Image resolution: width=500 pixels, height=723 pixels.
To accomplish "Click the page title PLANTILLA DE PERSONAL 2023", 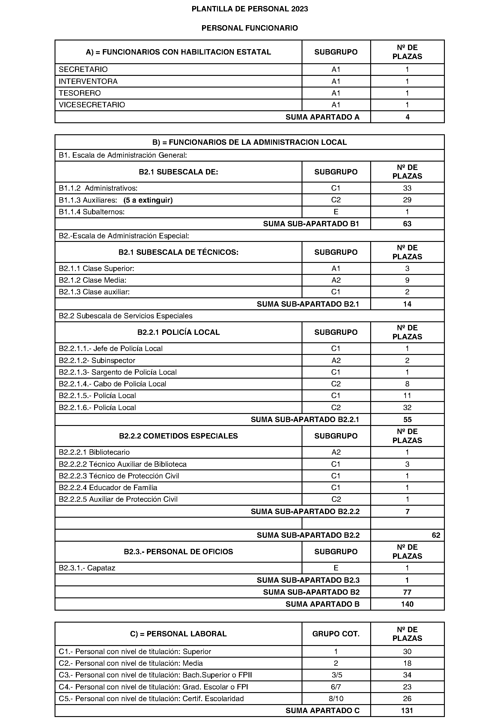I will tap(250, 9).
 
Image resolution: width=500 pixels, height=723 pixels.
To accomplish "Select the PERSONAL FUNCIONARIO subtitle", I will tap(250, 28).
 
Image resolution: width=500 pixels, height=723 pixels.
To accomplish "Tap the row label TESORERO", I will tap(80, 93).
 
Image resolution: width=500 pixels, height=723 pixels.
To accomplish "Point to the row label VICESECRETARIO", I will tap(92, 105).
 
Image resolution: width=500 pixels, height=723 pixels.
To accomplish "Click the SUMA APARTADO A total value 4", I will tap(407, 117).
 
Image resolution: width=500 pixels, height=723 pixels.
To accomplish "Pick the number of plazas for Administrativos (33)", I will tap(407, 188).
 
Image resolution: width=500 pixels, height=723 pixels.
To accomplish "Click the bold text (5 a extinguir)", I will tap(148, 200).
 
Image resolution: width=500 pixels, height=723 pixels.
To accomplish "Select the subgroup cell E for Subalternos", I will tap(336, 212).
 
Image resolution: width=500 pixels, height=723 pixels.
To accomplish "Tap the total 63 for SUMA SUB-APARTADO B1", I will tap(407, 224).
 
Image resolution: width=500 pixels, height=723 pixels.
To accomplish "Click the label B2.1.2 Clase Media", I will tap(93, 280).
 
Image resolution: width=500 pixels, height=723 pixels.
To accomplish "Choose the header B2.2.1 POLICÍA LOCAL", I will tap(178, 332).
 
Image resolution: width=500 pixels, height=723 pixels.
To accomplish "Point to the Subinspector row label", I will tap(97, 360).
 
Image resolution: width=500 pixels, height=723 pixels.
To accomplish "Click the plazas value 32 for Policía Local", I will tap(407, 408).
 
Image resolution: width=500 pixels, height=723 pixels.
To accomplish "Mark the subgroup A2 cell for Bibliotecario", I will tap(336, 452).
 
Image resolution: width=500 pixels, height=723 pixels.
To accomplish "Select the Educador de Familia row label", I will tap(108, 487).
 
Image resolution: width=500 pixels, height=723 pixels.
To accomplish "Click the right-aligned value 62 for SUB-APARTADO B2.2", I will tap(436, 535).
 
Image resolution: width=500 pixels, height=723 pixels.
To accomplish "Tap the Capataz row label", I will tap(87, 568).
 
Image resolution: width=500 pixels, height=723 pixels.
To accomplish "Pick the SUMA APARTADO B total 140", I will tap(407, 604).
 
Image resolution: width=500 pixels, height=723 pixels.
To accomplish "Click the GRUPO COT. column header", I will tap(336, 634).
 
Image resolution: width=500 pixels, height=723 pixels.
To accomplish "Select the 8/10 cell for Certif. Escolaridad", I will tap(336, 698).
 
